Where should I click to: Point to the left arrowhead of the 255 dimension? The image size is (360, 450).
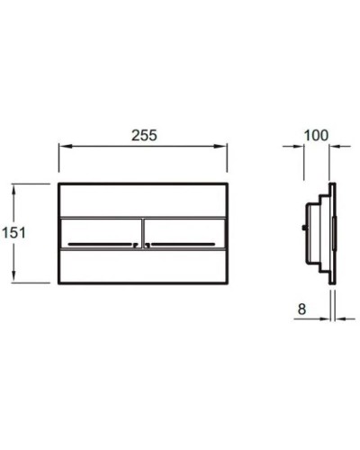[63, 147]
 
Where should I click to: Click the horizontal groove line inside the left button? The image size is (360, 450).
[99, 244]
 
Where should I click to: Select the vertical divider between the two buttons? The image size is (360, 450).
[142, 233]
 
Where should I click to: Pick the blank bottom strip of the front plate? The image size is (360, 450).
[142, 266]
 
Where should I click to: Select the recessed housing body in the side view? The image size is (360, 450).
[317, 233]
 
